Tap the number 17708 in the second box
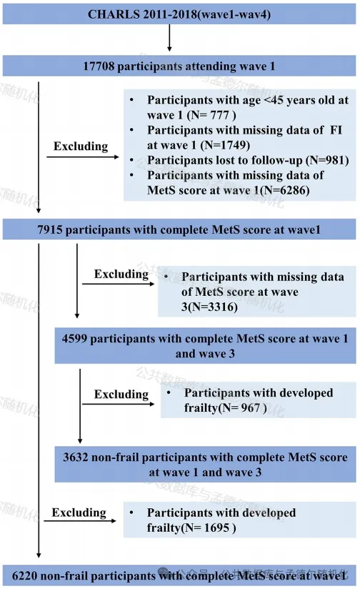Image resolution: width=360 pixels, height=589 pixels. (x=99, y=66)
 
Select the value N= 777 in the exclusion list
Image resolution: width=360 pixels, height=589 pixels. (x=211, y=115)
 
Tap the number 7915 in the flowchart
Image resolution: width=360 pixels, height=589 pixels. (x=50, y=229)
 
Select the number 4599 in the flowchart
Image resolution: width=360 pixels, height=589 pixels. (x=75, y=338)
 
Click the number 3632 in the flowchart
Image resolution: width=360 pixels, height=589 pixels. (x=76, y=457)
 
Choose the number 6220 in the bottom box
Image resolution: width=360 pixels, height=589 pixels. (x=24, y=576)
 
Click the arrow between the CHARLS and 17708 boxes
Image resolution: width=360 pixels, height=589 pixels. (x=169, y=38)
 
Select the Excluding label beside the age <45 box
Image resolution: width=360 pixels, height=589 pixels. (x=81, y=146)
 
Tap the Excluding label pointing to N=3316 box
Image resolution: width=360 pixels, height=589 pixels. (x=121, y=274)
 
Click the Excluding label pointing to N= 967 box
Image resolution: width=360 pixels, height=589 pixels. (x=121, y=395)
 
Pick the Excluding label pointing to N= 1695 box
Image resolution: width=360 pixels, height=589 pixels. (x=79, y=513)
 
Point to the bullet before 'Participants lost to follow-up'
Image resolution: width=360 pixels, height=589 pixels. (x=131, y=160)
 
